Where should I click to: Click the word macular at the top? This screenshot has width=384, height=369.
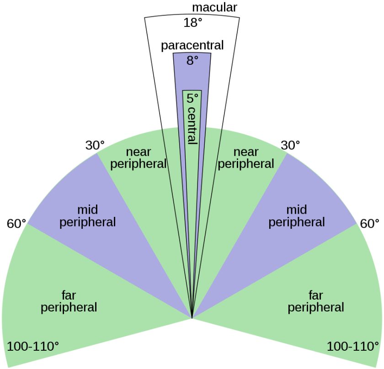tap(214, 8)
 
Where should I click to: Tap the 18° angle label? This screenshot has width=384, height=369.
tap(193, 22)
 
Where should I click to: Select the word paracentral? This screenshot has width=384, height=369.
tap(192, 46)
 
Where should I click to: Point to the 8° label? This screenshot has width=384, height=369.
tap(192, 60)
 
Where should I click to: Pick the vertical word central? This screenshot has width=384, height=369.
tap(192, 126)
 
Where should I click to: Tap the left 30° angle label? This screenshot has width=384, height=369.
tap(95, 145)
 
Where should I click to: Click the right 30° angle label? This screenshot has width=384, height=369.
tap(290, 145)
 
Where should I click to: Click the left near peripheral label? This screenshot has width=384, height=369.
tap(139, 158)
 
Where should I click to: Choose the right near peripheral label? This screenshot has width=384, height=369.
tap(246, 158)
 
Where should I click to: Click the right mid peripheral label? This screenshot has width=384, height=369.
tap(297, 216)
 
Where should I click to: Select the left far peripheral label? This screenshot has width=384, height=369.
tap(69, 300)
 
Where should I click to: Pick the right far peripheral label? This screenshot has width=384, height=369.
tap(316, 300)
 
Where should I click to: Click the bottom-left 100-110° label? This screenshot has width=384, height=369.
tap(33, 346)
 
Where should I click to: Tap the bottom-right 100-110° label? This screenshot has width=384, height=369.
tap(352, 346)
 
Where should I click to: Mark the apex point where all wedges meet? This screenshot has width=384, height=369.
tap(192, 317)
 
